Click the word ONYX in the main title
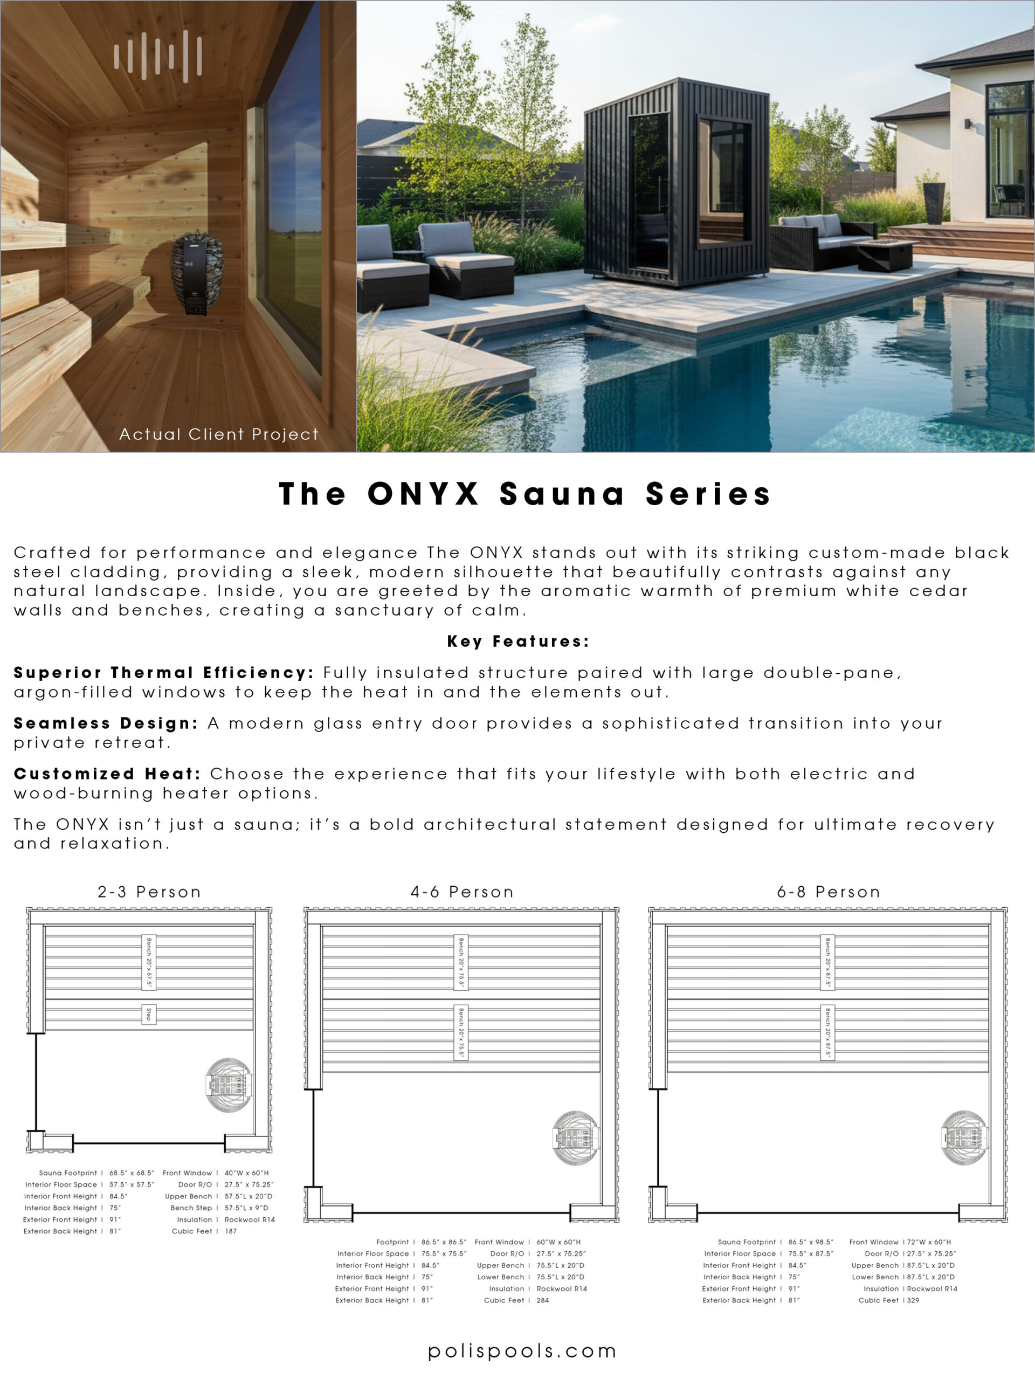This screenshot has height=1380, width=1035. coord(423,494)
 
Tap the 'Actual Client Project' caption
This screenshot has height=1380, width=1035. coord(218,434)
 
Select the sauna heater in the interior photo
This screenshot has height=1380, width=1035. coord(197,272)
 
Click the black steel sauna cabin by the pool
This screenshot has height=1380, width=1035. coord(675,184)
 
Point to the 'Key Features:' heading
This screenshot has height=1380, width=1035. coord(518,641)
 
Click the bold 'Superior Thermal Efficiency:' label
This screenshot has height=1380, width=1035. coord(164,673)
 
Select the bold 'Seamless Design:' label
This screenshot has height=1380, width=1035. coord(106,723)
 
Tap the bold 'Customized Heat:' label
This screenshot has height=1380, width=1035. coord(107,774)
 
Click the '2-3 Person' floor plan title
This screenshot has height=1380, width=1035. coord(149,892)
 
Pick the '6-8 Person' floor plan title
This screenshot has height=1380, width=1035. coord(829,892)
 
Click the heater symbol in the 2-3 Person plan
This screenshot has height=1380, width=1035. coord(229,1085)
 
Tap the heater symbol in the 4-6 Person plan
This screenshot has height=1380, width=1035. coord(576,1138)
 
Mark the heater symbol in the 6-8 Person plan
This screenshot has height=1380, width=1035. coord(964,1138)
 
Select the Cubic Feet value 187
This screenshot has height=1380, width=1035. coord(231,1231)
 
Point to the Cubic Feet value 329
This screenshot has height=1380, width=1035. coord(913,1300)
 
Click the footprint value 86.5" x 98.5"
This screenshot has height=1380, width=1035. coord(810,1242)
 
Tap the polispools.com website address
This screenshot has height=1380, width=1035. coord(522,1351)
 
